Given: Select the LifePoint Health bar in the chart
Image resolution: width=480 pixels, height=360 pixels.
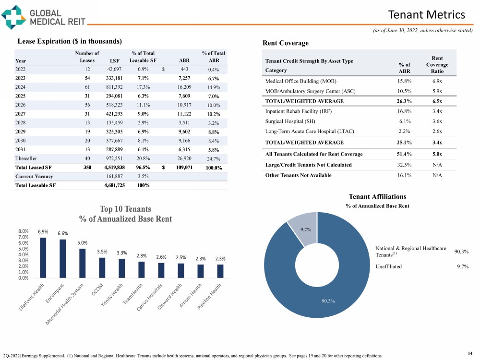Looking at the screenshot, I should coord(43,257).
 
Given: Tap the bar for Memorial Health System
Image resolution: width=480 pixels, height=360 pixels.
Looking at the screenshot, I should coord(83,263).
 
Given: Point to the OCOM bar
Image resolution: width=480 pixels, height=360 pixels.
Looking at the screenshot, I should coord(102,267).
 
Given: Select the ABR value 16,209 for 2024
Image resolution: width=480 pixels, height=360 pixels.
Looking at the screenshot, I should coord(184,87).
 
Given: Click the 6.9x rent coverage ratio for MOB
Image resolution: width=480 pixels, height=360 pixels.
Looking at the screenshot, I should coord(437,81).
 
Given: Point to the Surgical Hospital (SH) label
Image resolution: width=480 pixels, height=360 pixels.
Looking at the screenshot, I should coord(290,121).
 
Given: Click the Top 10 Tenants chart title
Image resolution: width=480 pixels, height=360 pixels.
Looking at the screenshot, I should coord(125,214).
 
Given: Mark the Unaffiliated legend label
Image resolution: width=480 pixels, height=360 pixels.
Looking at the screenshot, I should coord(389,266).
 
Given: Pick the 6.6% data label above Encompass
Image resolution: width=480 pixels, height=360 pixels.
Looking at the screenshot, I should coord(63,234).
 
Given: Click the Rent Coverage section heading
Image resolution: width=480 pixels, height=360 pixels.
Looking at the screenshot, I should coord(286,43).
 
